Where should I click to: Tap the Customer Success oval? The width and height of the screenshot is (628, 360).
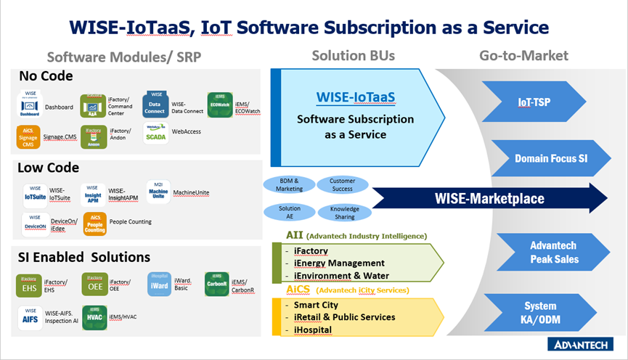coord(342,184)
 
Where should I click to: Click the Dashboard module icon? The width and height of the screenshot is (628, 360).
coord(29,106)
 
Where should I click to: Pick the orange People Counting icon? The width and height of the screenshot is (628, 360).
coord(95,224)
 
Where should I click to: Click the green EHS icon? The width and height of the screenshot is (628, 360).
coord(29,285)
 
